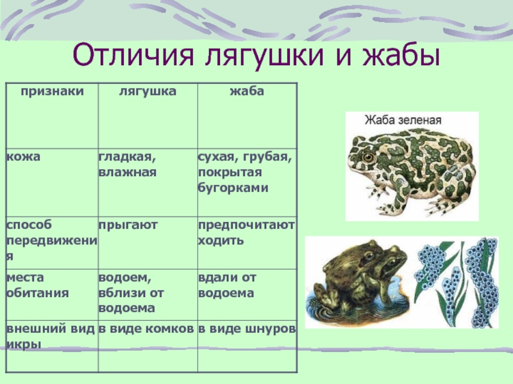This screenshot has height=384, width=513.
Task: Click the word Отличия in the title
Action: coord(133,56)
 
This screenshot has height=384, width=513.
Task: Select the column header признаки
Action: coord(53,91)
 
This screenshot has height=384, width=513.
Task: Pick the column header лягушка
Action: coord(147,91)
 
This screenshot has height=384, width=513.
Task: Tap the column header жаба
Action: coord(247,91)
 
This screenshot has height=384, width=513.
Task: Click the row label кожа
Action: coord(23,156)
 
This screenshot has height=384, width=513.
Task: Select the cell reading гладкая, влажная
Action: coord(128,164)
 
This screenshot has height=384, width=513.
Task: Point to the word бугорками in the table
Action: coord(233,188)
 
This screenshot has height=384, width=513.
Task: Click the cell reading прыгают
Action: coord(128,225)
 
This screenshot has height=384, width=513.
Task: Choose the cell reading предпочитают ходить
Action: coord(246,232)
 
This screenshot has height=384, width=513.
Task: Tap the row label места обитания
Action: coord(38,285)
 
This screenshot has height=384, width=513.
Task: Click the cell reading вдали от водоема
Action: coord(227,285)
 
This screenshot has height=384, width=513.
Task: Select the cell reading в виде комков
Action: coord(146,329)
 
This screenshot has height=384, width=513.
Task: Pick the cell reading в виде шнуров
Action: coord(247,329)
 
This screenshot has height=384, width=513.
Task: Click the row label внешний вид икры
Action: coord(51,337)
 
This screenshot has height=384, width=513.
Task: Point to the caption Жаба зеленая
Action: coord(403,120)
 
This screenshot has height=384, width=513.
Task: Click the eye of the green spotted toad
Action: coord(368,157)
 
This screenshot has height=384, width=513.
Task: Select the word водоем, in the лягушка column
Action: coord(125,278)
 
